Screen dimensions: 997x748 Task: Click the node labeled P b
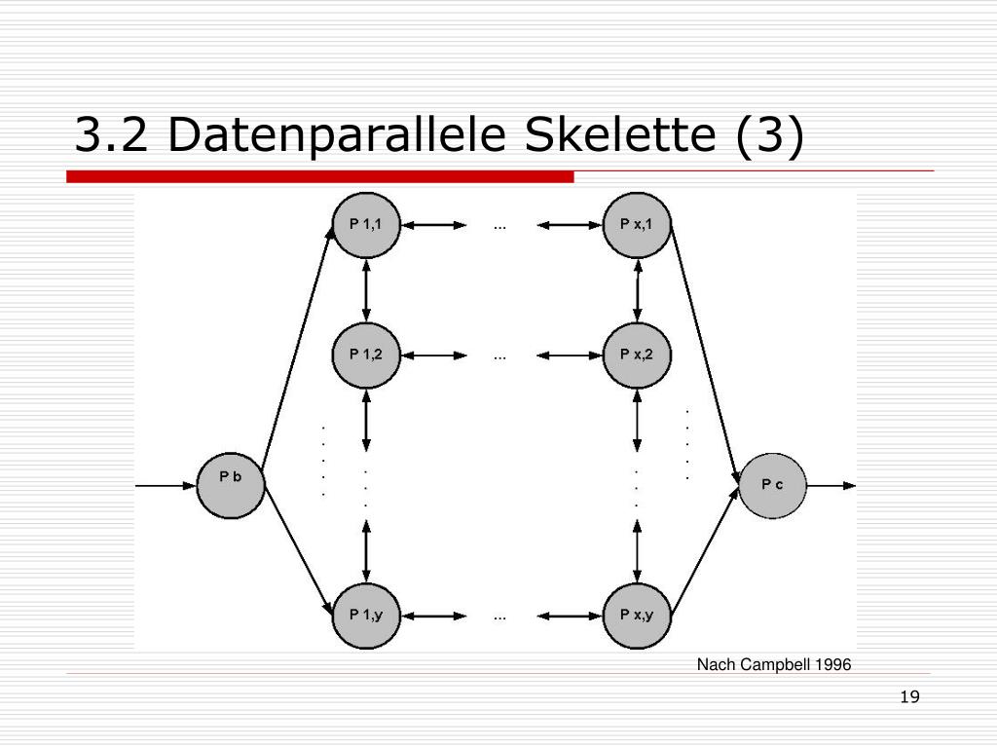[230, 485]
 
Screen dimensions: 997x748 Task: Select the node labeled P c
[772, 485]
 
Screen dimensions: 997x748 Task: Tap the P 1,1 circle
[366, 225]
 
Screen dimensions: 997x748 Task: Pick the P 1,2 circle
[366, 355]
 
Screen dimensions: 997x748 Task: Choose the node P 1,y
[366, 616]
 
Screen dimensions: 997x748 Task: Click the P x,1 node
[637, 225]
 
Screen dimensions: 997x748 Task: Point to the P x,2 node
[637, 355]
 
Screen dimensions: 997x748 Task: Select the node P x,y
[637, 616]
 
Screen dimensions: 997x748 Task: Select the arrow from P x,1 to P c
[705, 355]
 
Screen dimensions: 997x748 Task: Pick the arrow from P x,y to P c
[705, 551]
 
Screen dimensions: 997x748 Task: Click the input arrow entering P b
[166, 486]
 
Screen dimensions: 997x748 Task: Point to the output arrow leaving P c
[831, 486]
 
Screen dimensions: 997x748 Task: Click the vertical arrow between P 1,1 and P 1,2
[366, 290]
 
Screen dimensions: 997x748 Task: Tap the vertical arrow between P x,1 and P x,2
[637, 290]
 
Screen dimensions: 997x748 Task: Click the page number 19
[910, 697]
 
